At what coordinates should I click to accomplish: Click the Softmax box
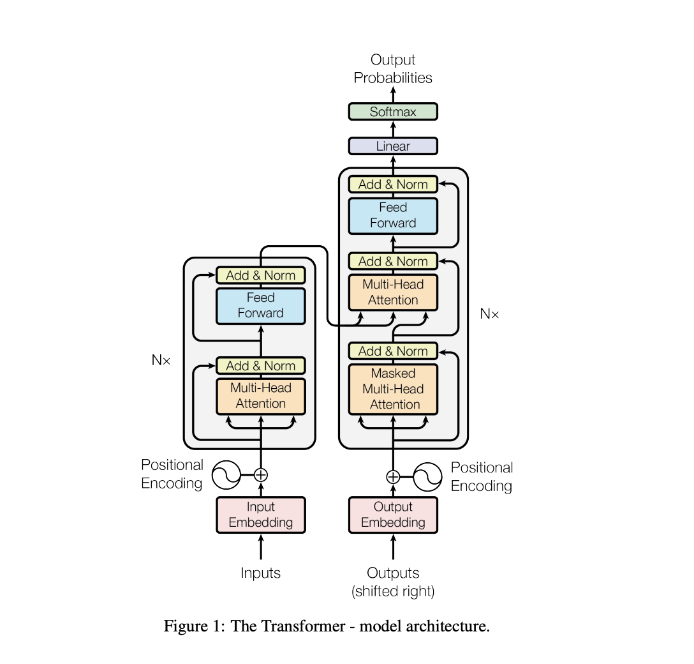coord(392,112)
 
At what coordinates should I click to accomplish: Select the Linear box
coord(392,146)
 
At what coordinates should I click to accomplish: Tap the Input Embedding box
coord(260,515)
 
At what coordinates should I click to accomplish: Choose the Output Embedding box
coord(392,515)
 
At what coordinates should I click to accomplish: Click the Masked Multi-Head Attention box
coord(392,389)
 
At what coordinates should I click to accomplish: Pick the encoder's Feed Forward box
coord(260,305)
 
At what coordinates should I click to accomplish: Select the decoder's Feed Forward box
coord(392,215)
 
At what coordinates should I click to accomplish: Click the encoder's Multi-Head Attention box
coord(260,395)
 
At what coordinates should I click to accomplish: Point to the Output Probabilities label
coord(392,69)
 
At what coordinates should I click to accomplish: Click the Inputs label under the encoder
coord(260,573)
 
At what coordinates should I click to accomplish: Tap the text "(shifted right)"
coord(392,591)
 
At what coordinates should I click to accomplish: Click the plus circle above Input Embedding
coord(260,474)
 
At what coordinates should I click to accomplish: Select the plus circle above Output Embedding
coord(393,477)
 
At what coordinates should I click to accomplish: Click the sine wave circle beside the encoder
coord(225,474)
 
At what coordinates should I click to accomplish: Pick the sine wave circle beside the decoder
coord(428,477)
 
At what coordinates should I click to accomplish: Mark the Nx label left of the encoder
coord(161,360)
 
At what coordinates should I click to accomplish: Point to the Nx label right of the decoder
coord(489,313)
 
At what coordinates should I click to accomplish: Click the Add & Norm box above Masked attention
coord(392,351)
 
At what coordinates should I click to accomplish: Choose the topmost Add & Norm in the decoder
coord(392,185)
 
